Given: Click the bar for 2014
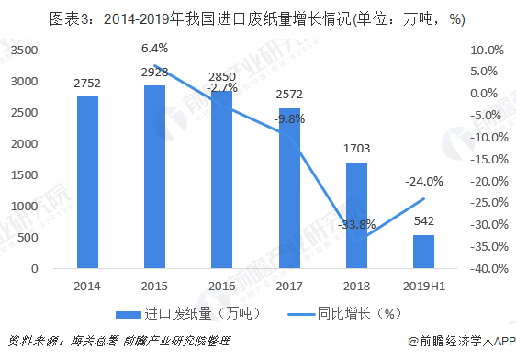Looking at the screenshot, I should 87,183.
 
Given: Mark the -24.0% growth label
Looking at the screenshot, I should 424,182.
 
